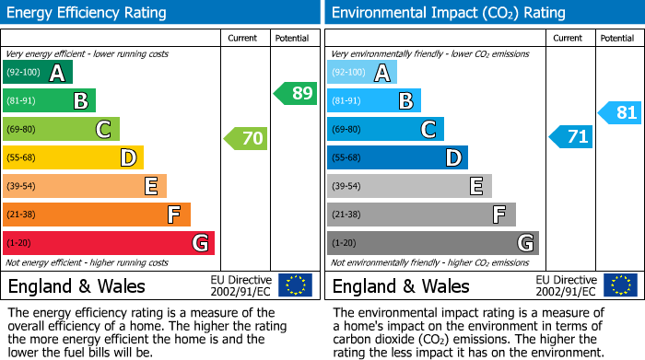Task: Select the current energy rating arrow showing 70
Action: point(246,139)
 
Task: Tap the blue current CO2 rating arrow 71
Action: point(571,137)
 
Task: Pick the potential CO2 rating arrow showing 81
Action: point(620,113)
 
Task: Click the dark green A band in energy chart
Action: point(38,73)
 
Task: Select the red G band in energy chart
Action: point(109,243)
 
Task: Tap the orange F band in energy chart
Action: point(97,215)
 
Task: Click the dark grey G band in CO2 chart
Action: point(432,243)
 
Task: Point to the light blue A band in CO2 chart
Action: point(362,73)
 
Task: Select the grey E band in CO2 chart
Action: point(409,186)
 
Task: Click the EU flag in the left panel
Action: point(296,285)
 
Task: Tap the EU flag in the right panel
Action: point(620,285)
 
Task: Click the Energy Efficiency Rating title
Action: point(88,13)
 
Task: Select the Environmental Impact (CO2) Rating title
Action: point(448,13)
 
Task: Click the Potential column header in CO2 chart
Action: point(616,38)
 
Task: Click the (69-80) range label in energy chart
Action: point(21,130)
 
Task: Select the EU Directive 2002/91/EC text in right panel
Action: point(565,285)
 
